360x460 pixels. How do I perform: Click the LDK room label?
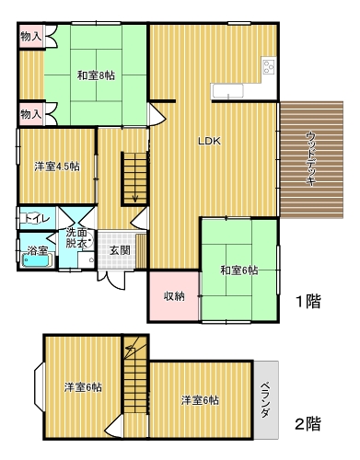click(209, 141)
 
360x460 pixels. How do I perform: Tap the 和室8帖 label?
click(96, 75)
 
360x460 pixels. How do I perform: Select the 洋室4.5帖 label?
click(57, 167)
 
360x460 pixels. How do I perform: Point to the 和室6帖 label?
click(239, 270)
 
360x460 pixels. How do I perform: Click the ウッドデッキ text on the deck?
click(311, 159)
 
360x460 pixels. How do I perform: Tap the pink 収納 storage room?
click(174, 296)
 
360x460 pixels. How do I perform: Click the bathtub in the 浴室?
click(36, 261)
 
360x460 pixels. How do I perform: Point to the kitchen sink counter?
click(228, 91)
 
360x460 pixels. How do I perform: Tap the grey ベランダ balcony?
click(266, 400)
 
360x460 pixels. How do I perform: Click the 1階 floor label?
click(308, 301)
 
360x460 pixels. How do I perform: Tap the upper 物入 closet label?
click(31, 37)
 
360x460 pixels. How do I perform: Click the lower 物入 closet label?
click(31, 115)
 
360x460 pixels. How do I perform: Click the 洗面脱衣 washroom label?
click(76, 238)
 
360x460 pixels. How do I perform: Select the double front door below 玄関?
click(111, 279)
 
